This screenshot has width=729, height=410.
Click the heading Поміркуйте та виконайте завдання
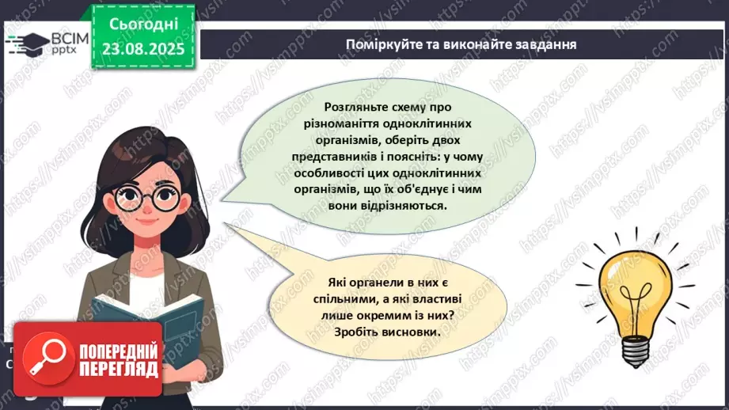pyautogui.click(x=461, y=44)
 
